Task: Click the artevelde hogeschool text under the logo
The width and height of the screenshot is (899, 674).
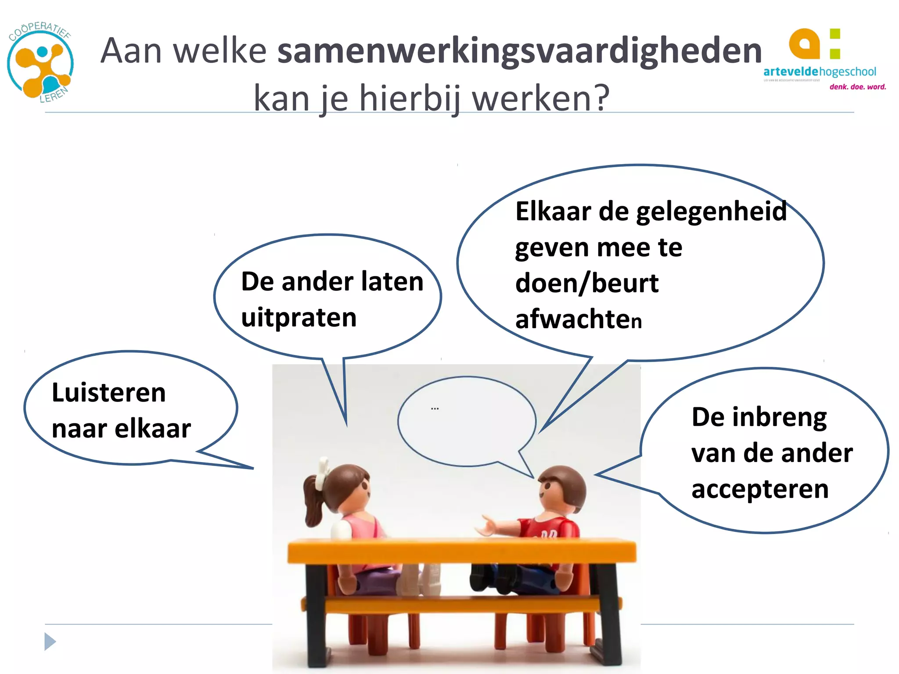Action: [819, 72]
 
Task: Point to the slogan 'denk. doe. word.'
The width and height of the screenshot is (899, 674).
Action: [857, 87]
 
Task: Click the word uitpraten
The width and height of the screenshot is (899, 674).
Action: [298, 318]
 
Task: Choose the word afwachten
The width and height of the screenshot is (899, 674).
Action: [578, 319]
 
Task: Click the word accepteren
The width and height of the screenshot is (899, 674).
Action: [760, 489]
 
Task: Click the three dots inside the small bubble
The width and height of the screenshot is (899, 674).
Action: [435, 409]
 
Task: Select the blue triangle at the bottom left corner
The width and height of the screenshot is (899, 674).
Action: [50, 642]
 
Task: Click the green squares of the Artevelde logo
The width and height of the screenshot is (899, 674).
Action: [835, 44]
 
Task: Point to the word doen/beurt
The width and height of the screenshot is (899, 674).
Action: [586, 283]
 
